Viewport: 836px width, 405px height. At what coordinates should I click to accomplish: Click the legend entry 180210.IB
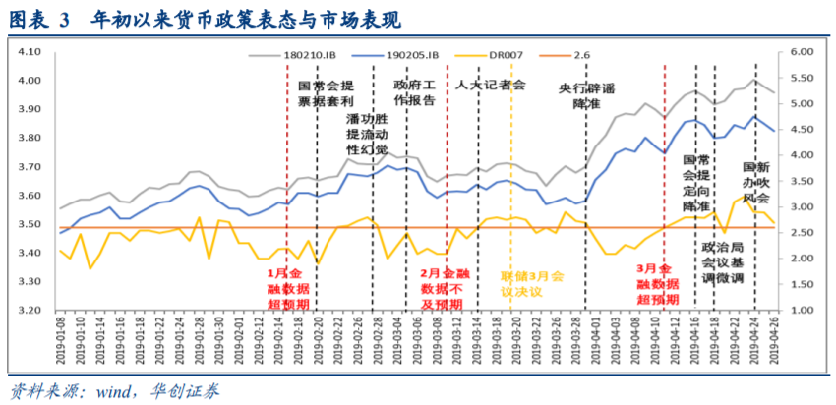[x=313, y=54]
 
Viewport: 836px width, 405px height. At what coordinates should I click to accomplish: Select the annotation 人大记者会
[x=492, y=85]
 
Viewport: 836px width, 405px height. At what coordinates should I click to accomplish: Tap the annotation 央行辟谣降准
[x=586, y=95]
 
